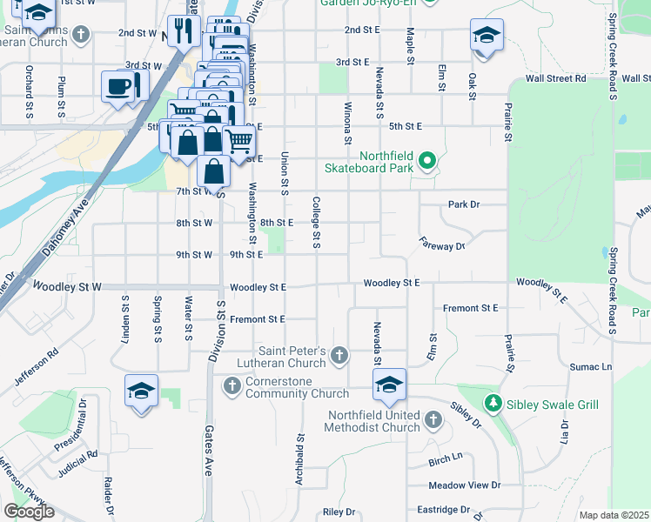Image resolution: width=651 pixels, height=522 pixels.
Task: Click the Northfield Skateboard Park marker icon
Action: click(426, 160)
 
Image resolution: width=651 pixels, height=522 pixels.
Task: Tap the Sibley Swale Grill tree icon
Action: click(493, 404)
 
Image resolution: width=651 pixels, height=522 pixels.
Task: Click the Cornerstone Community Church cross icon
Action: click(232, 385)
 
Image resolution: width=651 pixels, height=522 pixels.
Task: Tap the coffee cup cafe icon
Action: click(118, 86)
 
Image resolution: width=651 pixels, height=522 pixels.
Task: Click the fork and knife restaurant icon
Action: click(183, 31)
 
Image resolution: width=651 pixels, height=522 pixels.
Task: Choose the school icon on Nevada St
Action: click(390, 384)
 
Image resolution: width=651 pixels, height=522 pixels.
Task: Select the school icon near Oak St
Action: click(487, 35)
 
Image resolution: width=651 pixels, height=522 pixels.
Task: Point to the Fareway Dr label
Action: click(443, 246)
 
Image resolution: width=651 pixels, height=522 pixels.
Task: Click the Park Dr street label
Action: click(464, 204)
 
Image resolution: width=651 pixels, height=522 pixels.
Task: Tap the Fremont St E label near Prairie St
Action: click(470, 308)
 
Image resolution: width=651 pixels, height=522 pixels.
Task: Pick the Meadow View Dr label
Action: click(465, 485)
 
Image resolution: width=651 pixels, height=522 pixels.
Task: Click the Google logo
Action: click(29, 512)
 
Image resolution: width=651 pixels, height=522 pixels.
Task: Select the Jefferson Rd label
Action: click(36, 367)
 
